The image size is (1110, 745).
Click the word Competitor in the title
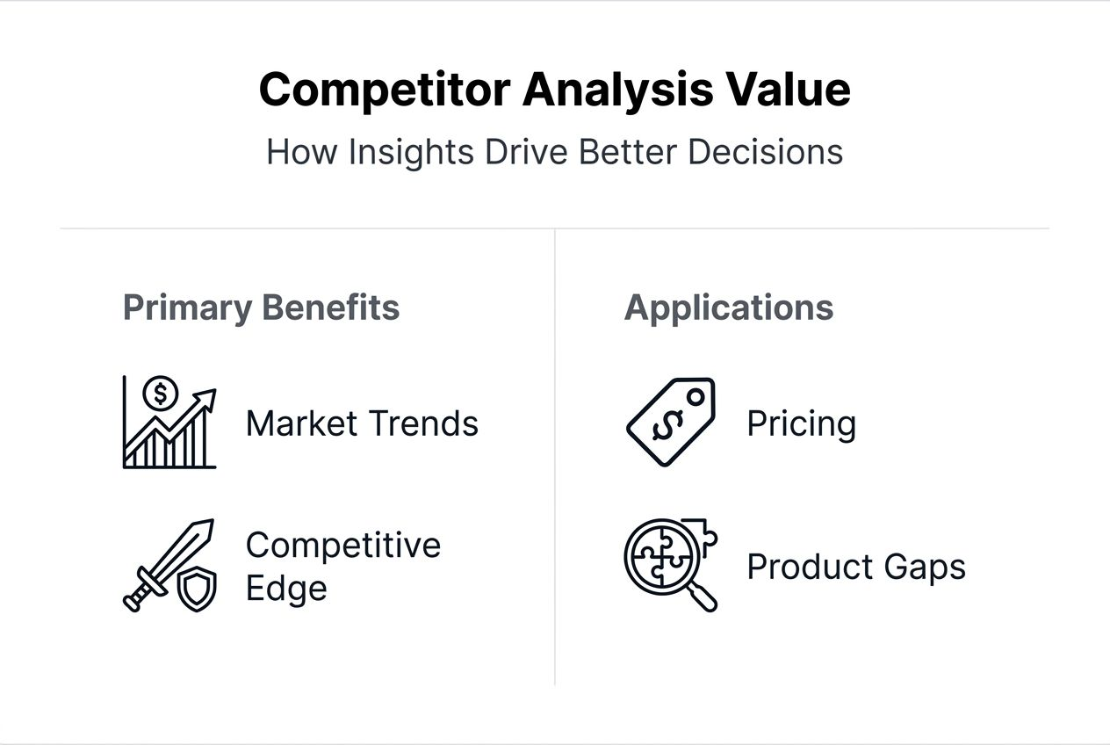click(x=384, y=90)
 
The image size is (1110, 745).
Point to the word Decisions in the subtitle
click(x=765, y=152)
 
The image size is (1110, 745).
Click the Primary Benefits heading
click(x=261, y=307)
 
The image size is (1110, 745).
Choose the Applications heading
click(x=729, y=307)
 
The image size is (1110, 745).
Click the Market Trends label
click(x=362, y=423)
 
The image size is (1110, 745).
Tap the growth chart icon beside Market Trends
click(x=169, y=423)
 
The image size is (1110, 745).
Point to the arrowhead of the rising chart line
click(x=208, y=396)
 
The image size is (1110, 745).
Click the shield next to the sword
click(x=197, y=589)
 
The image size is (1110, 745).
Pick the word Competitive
click(x=342, y=545)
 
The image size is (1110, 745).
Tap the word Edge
click(x=285, y=588)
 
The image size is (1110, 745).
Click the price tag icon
click(x=671, y=423)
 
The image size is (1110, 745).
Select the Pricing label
click(x=801, y=423)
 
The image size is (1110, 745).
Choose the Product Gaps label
click(x=856, y=567)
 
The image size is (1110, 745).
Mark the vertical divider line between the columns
click(x=555, y=457)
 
